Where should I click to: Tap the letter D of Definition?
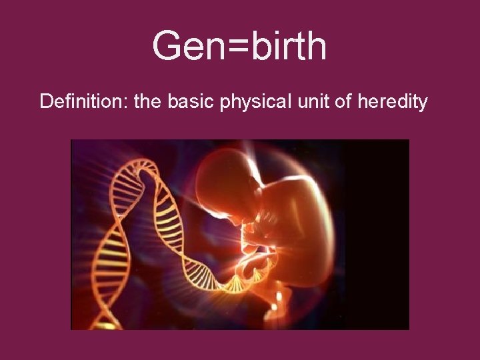[x=46, y=102]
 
